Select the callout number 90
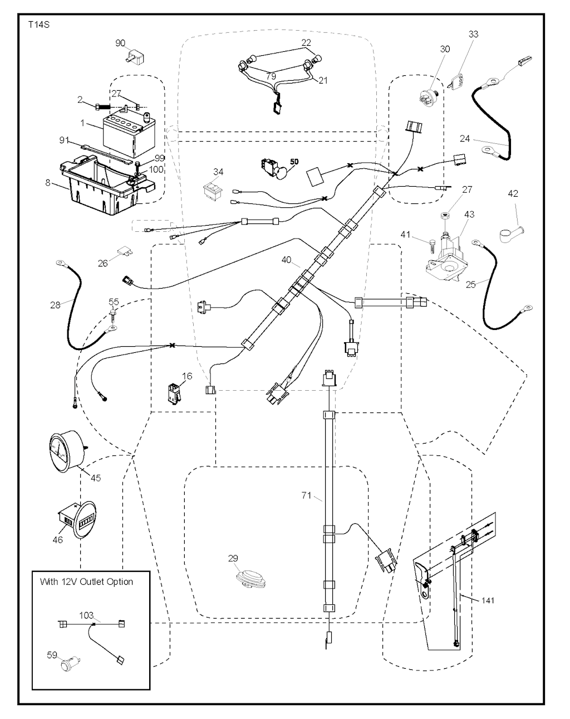120,43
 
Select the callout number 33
473,35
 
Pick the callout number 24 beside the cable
466,138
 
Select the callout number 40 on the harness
286,260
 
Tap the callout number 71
306,495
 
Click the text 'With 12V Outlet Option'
86,581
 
